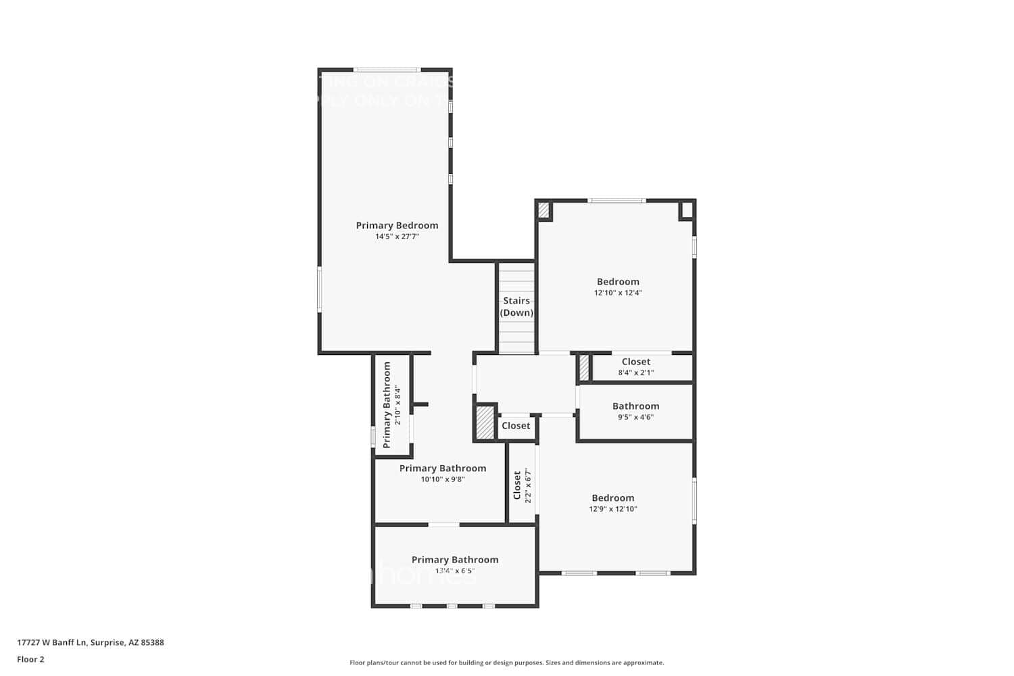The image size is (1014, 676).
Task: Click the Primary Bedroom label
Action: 397,225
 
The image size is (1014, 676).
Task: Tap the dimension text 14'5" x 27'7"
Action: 397,237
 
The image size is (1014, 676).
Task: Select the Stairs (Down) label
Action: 516,307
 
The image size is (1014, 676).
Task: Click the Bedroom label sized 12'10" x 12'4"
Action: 618,282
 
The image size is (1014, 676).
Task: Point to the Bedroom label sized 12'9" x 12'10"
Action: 612,498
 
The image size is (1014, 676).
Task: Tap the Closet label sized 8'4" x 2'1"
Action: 635,362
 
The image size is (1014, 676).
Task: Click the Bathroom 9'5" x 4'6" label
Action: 635,406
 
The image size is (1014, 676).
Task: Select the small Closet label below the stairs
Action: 516,425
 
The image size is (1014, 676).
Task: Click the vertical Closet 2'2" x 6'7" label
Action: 518,485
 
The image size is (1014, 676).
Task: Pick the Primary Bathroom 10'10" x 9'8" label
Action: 443,468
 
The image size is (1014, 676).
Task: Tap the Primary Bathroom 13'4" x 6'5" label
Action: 455,560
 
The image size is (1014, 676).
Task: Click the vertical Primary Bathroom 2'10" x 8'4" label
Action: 387,404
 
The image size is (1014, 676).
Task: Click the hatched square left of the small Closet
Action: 485,423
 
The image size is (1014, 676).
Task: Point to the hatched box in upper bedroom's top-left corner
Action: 544,210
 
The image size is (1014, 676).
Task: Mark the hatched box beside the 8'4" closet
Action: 584,368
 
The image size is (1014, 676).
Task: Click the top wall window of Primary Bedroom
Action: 387,69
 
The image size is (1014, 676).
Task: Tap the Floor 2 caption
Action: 30,659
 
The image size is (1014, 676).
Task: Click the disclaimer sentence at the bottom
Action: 506,663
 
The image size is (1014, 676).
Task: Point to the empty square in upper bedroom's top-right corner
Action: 686,210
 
